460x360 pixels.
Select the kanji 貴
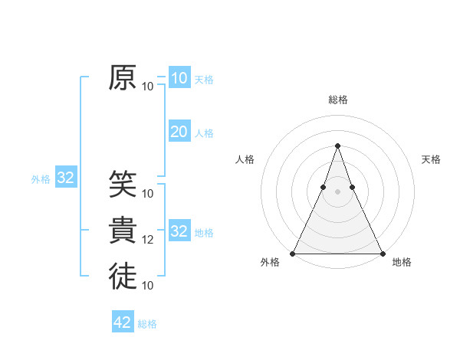[123, 231]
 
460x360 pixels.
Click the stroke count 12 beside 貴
[148, 240]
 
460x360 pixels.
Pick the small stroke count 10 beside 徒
[148, 285]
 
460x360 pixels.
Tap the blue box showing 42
[123, 322]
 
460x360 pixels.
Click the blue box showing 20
[179, 132]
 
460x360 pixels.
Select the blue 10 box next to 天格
[179, 77]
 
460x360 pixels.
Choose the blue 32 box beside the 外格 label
[66, 178]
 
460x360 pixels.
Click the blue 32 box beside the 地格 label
[179, 231]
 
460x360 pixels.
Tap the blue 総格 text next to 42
[147, 324]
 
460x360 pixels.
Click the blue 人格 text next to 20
[204, 133]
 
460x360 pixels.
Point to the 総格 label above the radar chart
[337, 100]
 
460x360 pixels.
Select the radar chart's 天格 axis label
[431, 159]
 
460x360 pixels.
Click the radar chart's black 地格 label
[402, 262]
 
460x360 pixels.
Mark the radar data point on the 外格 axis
[293, 253]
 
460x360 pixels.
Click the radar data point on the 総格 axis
[337, 146]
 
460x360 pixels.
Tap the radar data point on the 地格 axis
[382, 253]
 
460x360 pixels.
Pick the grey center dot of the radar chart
[337, 191]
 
